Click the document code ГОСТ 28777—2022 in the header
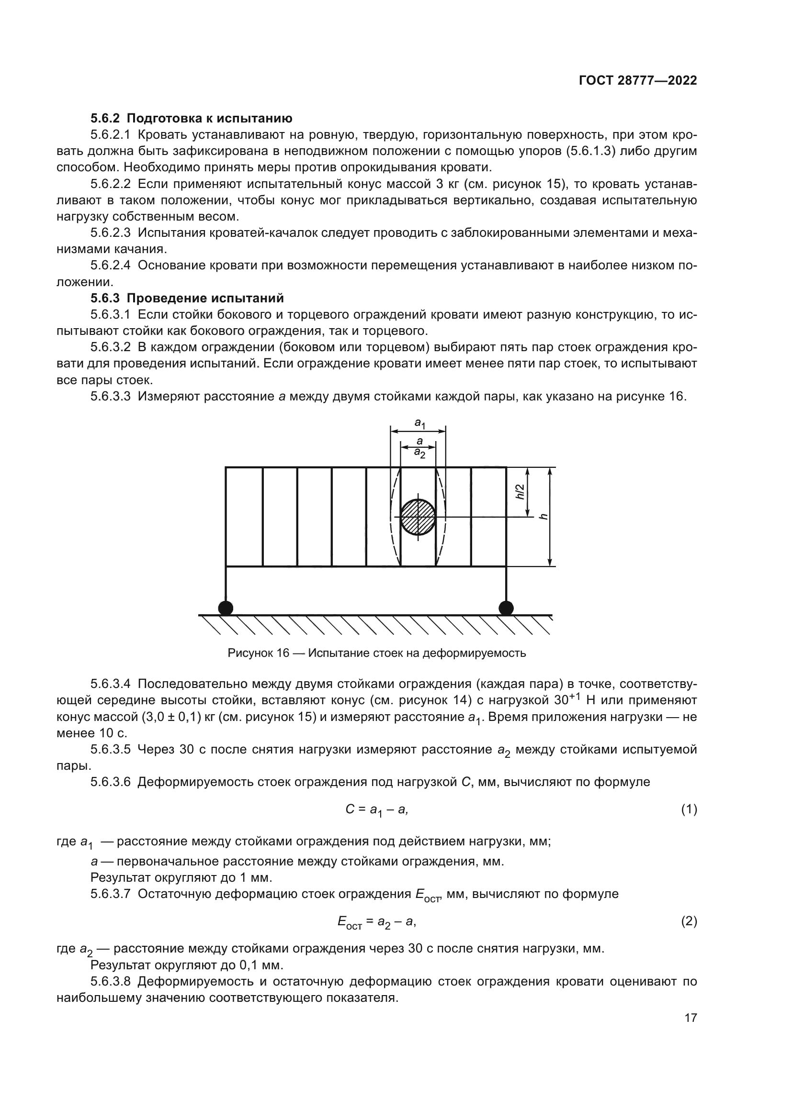point(637,81)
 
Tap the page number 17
point(690,1018)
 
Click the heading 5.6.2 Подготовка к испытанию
point(191,119)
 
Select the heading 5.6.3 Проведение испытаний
point(187,298)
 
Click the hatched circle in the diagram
point(418,517)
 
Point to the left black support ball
point(226,608)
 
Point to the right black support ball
point(506,608)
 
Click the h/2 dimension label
point(520,491)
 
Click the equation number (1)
point(689,809)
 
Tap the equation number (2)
point(689,921)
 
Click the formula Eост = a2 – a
point(376,921)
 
